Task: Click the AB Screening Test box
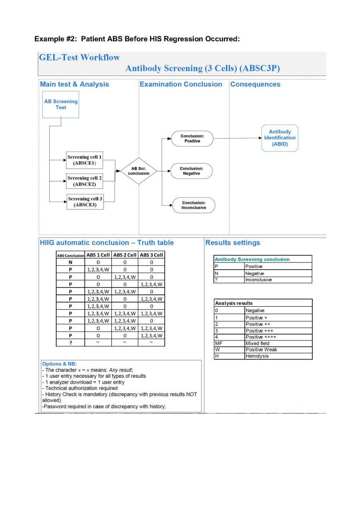(61, 104)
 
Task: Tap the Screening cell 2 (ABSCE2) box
(84, 181)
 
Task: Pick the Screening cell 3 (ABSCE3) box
(84, 202)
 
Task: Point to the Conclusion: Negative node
(191, 171)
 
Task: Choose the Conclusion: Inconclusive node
(193, 205)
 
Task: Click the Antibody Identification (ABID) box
(279, 138)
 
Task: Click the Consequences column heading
(255, 85)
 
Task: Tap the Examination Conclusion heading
(181, 85)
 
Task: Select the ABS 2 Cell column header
(126, 255)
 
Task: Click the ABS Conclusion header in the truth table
(70, 255)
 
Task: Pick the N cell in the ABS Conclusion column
(70, 262)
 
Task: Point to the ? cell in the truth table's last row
(70, 342)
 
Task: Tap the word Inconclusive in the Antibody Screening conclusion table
(259, 280)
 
